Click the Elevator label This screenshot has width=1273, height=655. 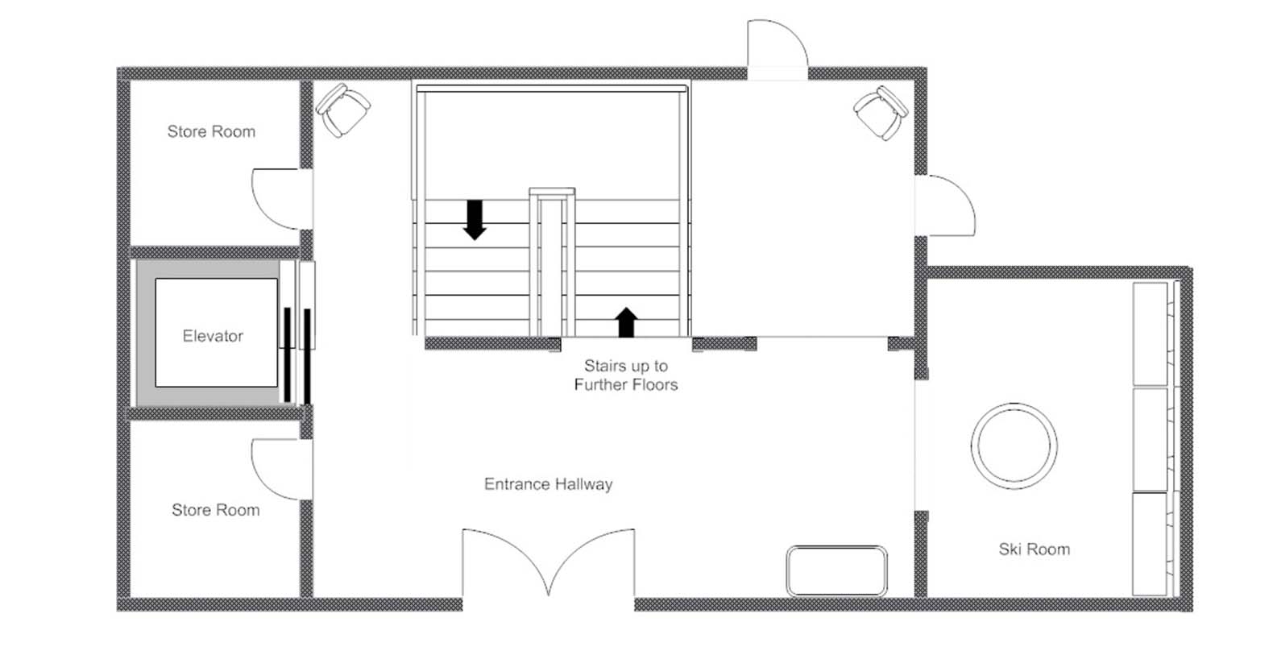coord(213,336)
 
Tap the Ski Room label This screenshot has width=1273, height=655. coord(1035,549)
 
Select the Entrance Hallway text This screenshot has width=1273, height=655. coord(549,484)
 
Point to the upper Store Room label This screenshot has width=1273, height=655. coord(211,132)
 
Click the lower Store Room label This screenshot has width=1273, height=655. coord(216,510)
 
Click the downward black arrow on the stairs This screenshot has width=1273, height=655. coord(475,220)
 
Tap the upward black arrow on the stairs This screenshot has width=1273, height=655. coord(626,322)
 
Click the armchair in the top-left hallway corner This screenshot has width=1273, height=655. coord(343,110)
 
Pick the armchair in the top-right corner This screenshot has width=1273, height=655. coord(881,113)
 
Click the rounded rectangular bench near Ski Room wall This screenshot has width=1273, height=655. coord(836,571)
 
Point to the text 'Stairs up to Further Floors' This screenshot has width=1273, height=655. coord(626,375)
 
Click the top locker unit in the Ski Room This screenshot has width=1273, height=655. coord(1151,334)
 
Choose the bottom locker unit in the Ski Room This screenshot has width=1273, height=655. coord(1151,545)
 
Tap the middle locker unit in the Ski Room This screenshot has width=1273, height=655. coord(1151,439)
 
